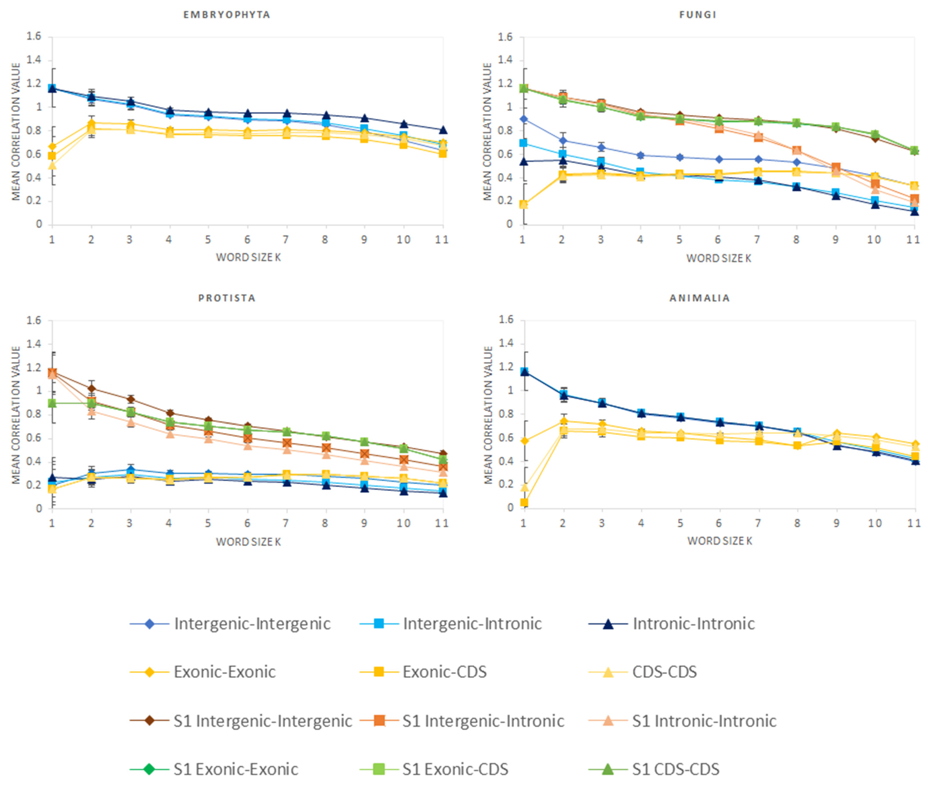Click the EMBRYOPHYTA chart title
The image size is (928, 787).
click(x=227, y=15)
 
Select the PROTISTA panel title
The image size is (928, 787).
click(x=227, y=298)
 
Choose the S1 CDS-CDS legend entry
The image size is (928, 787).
click(x=675, y=769)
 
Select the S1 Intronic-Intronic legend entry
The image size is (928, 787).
click(x=704, y=721)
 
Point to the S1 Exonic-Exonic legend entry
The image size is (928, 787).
click(x=235, y=769)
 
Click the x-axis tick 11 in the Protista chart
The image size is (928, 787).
click(x=442, y=523)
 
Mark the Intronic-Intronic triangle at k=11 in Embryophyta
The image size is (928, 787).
click(x=443, y=130)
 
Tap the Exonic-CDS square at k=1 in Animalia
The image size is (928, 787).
click(x=524, y=502)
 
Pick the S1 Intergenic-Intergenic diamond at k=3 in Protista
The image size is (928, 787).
click(x=130, y=399)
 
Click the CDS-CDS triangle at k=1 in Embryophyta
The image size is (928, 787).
click(x=52, y=166)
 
